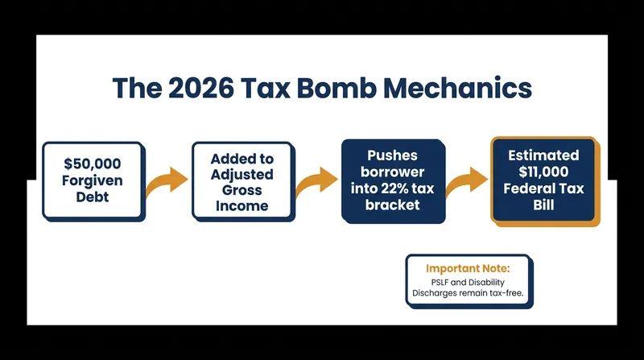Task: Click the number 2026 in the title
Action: pos(201,88)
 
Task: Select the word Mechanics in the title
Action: pos(457,88)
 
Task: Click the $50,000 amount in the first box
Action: pos(93,163)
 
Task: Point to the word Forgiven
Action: pos(93,180)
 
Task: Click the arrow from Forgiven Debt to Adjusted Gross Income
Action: pos(167,182)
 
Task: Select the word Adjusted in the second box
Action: pos(242,174)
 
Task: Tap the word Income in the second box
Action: pos(242,205)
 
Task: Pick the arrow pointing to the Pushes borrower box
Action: pos(316,182)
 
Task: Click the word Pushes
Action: pos(392,155)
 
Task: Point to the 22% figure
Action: pos(394,188)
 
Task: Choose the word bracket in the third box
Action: pos(392,205)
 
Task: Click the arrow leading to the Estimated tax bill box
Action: pos(467,182)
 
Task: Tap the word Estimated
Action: pos(543,155)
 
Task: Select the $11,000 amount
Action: pos(543,172)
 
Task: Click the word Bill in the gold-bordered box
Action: pos(543,205)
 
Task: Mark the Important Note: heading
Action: pos(468,268)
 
